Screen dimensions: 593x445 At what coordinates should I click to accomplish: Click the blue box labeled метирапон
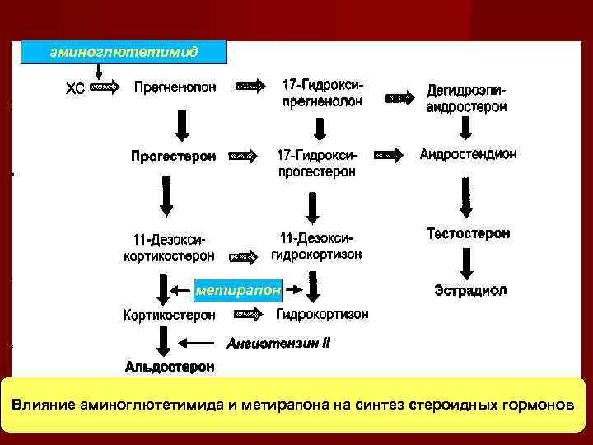[x=238, y=290]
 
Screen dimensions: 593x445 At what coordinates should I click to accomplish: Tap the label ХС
[x=74, y=87]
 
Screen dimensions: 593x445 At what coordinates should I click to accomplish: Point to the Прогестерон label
[x=173, y=155]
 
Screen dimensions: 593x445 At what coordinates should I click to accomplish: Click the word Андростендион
[x=468, y=154]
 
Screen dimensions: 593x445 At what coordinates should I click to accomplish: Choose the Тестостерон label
[x=468, y=234]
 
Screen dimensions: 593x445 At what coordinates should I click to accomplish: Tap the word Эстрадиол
[x=470, y=290]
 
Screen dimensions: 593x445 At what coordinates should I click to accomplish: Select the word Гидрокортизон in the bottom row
[x=322, y=314]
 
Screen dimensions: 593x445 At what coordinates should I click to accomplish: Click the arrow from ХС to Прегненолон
[x=103, y=86]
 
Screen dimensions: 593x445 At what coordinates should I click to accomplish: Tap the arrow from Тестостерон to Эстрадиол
[x=466, y=263]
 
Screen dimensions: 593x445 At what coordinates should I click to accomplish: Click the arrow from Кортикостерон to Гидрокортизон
[x=249, y=314]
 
